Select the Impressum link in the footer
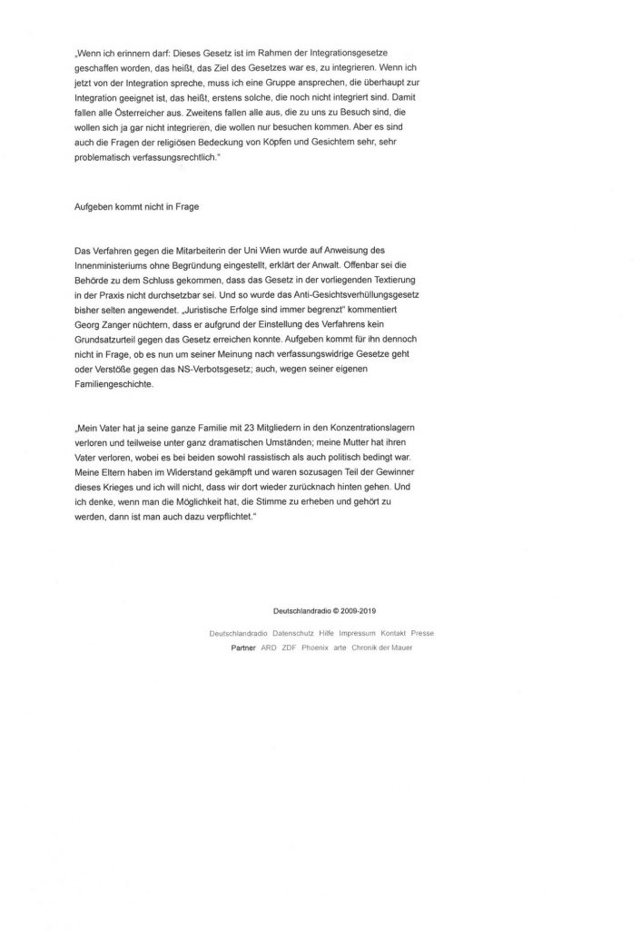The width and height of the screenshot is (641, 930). coord(357,631)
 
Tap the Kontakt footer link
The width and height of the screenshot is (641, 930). coord(393,631)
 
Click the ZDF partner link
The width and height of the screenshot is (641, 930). coord(290,648)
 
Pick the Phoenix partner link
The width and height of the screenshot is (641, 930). coord(315,648)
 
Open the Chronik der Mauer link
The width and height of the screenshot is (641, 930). coord(382,648)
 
